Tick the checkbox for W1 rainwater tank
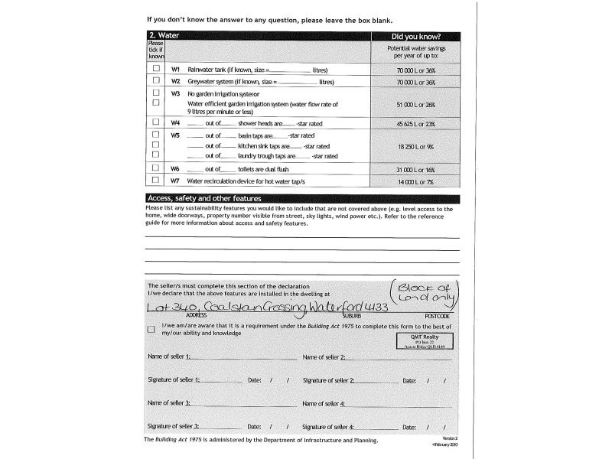[156, 69]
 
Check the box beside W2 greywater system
[156, 81]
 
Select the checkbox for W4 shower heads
[156, 122]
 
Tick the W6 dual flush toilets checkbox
[156, 168]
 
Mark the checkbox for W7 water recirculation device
[156, 181]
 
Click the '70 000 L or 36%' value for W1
[415, 70]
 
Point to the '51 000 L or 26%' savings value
[415, 104]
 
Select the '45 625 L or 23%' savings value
[415, 123]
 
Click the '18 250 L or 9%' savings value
[415, 145]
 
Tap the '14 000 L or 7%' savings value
[415, 181]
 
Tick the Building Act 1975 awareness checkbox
[151, 330]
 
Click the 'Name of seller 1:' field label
[169, 357]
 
